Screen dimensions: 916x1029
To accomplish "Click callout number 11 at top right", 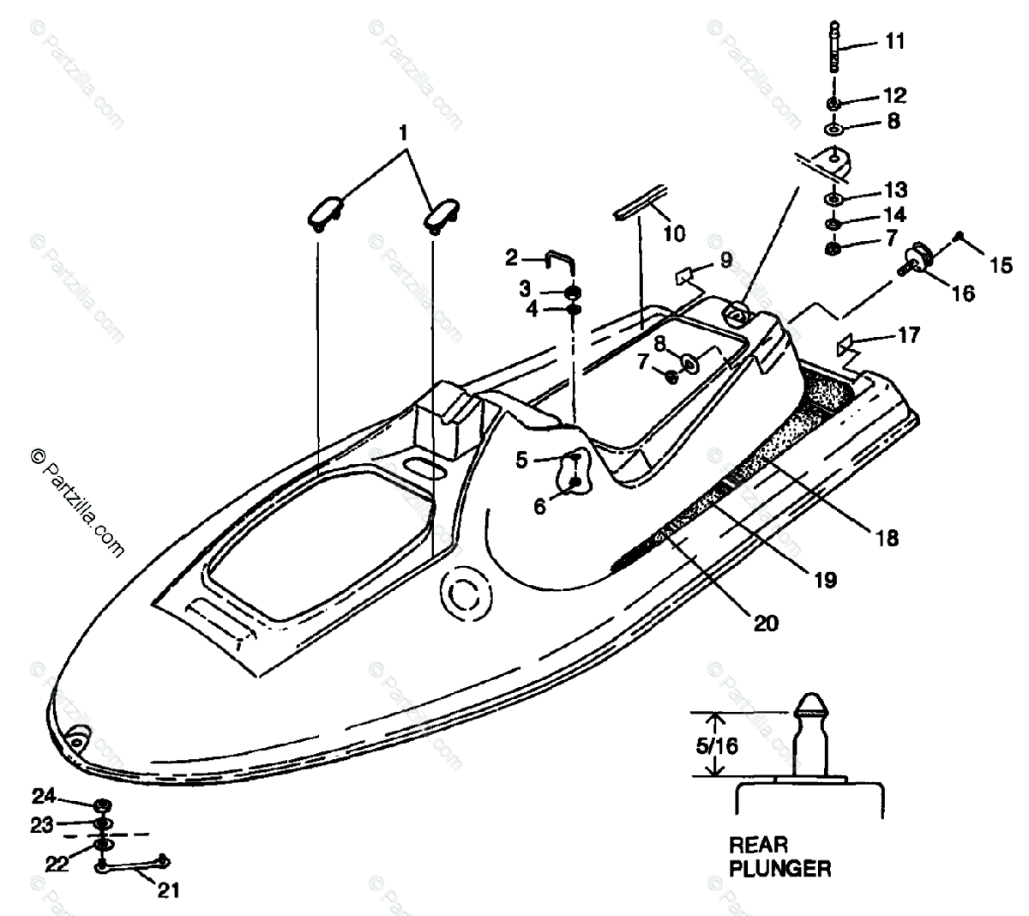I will point(894,41).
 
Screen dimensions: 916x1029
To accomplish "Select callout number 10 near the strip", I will point(675,232).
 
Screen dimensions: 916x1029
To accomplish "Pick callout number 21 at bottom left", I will point(168,891).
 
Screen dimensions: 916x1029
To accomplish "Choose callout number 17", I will point(908,334).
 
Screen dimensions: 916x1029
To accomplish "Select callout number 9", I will point(725,260).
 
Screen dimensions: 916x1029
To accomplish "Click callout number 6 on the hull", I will point(539,507).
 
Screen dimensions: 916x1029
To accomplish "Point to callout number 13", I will point(895,190).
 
